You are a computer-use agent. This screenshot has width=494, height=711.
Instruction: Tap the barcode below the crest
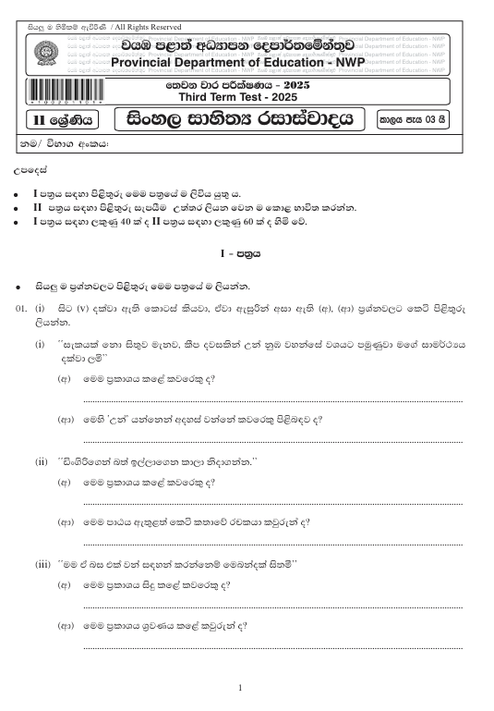63,92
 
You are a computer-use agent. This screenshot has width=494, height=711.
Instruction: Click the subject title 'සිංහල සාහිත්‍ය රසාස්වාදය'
240,119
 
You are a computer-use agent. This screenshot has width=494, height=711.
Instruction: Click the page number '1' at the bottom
240,687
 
